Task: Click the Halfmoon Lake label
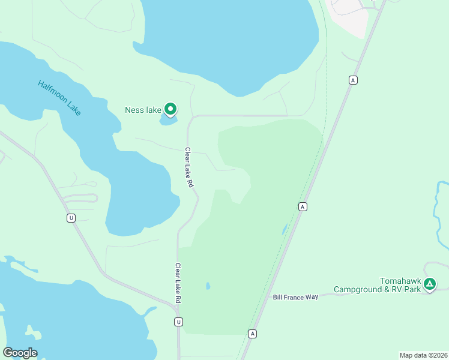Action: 59,98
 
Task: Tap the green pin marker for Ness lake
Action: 170,109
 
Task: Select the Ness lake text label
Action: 143,110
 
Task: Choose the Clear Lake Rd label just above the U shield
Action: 178,283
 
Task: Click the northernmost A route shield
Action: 353,80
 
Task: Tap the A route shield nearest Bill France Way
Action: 253,334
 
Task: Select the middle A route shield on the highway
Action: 303,206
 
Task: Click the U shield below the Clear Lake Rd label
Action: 178,322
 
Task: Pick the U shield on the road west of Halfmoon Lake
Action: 71,218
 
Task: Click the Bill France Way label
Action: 295,297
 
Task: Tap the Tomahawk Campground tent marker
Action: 429,283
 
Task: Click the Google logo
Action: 20,353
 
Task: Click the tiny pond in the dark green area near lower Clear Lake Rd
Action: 208,286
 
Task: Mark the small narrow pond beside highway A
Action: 284,230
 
